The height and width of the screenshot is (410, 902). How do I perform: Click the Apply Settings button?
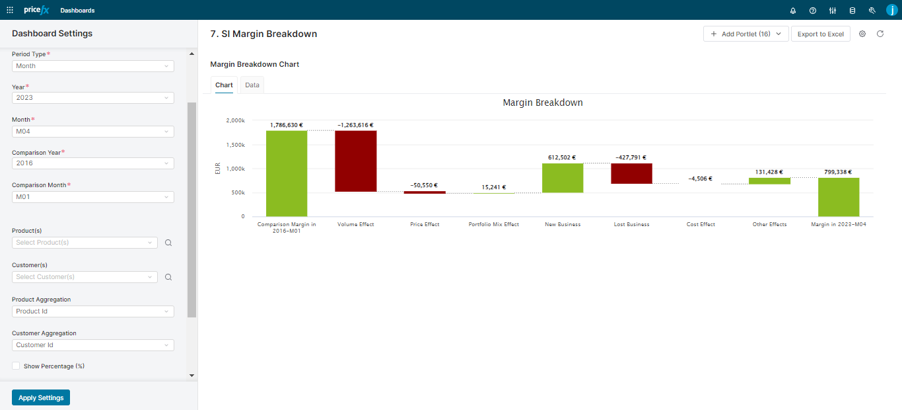click(x=41, y=397)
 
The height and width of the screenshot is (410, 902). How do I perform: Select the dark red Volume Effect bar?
click(x=355, y=161)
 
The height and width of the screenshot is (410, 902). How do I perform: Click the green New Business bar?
click(x=563, y=177)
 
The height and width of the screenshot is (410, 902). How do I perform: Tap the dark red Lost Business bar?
click(x=631, y=173)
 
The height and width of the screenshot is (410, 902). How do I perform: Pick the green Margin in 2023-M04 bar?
click(x=838, y=196)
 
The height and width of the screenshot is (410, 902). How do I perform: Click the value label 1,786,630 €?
click(x=286, y=124)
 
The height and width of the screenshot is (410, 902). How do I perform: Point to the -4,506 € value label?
click(x=701, y=178)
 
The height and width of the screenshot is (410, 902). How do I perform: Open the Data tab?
click(x=252, y=85)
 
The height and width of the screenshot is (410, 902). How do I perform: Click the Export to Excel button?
click(x=820, y=34)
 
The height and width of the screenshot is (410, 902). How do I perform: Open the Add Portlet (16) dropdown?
click(x=746, y=34)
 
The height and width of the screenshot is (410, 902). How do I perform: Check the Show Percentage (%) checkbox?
click(x=16, y=366)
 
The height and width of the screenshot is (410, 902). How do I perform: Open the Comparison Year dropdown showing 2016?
click(x=92, y=163)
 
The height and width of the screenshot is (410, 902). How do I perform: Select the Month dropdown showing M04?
click(x=92, y=132)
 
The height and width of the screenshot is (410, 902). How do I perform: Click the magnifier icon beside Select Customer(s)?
click(x=168, y=277)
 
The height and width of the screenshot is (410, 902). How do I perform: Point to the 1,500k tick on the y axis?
click(x=234, y=145)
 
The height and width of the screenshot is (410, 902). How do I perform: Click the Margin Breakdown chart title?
click(x=542, y=102)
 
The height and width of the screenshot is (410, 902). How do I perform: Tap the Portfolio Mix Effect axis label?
click(x=493, y=224)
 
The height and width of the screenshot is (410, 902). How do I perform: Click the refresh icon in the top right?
click(x=880, y=34)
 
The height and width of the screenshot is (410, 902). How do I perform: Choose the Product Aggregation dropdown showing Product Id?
click(x=92, y=311)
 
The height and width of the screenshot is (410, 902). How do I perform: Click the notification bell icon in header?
click(x=792, y=11)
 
